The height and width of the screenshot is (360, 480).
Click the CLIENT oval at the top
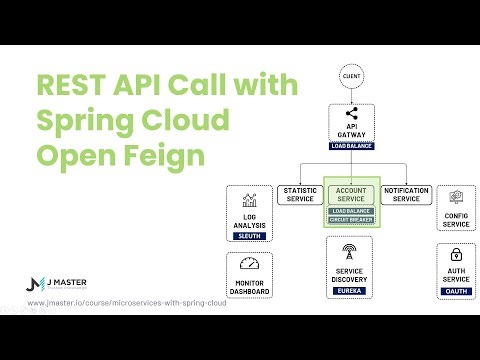(350, 74)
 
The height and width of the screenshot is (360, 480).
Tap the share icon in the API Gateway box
(350, 113)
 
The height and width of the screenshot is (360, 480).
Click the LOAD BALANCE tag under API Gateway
(350, 145)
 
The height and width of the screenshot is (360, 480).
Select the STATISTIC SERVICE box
(299, 193)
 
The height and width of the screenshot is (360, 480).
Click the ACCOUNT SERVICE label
(350, 193)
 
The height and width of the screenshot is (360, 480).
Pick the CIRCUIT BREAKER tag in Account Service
(350, 219)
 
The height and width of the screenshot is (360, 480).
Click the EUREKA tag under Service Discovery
(350, 290)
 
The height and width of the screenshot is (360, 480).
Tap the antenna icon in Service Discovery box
(350, 251)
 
